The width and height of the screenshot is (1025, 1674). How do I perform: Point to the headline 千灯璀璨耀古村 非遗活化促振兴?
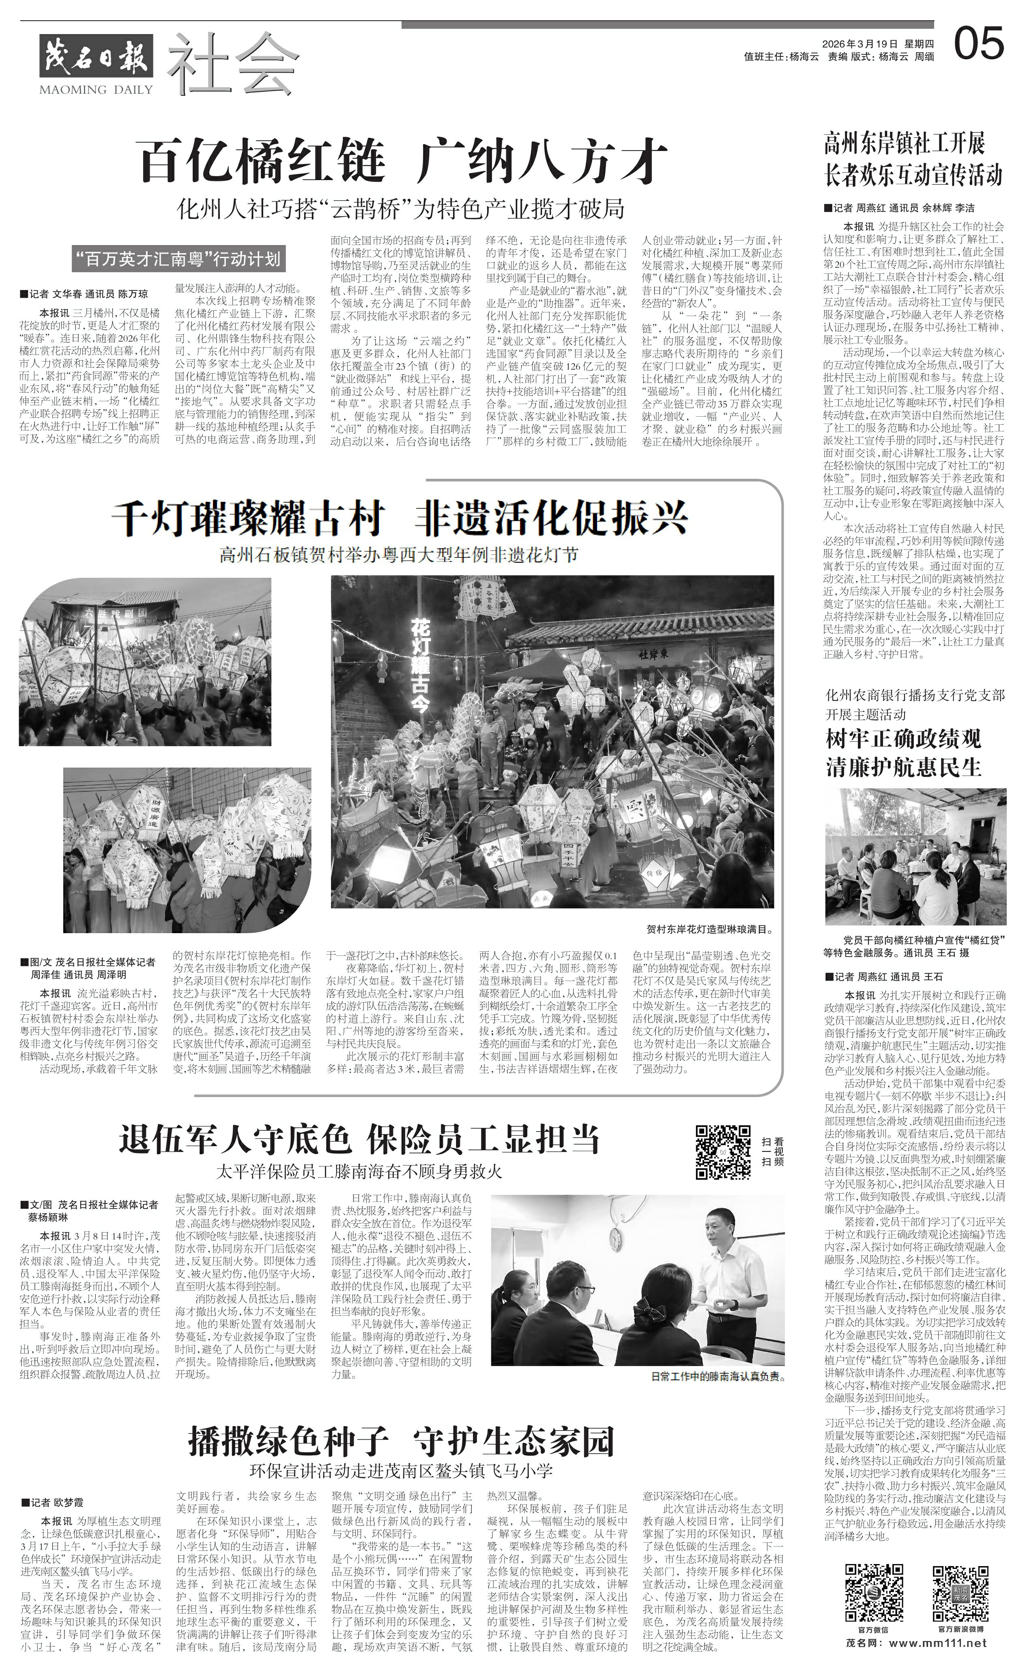[400, 520]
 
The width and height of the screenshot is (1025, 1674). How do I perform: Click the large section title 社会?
[232, 65]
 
